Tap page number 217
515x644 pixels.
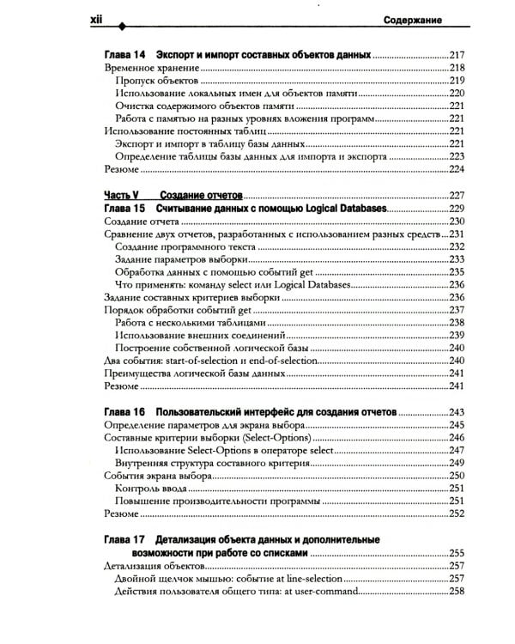pos(455,54)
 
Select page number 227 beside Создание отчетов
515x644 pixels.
pos(455,195)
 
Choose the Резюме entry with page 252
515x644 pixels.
pos(120,513)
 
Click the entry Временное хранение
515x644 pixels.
pos(151,67)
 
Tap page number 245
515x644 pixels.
pos(455,425)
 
